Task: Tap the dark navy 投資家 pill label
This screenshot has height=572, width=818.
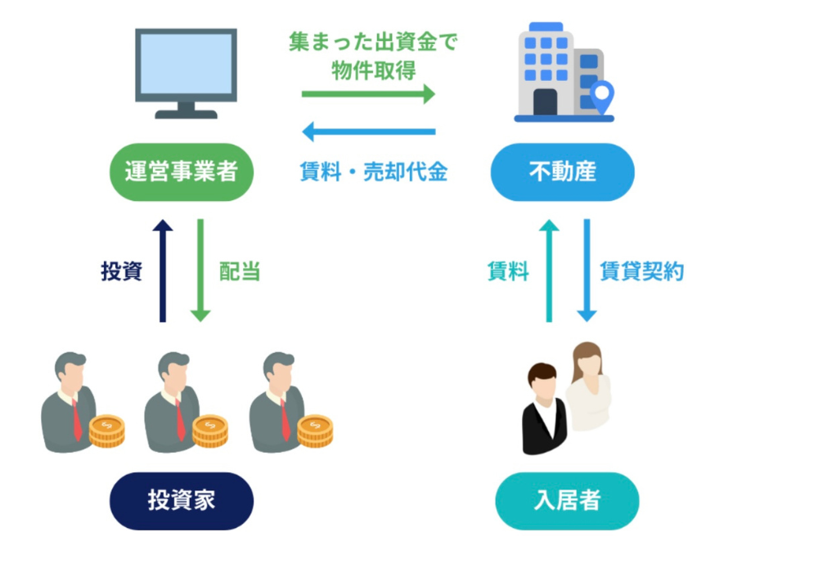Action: coord(182,500)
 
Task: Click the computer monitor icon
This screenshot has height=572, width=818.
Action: coord(187,73)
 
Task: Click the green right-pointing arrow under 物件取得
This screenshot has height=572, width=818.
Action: coord(368,95)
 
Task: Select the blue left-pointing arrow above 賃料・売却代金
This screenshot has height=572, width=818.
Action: coord(368,131)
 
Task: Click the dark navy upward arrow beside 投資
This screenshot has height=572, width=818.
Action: coord(163,270)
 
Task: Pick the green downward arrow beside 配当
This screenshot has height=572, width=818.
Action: coord(200,270)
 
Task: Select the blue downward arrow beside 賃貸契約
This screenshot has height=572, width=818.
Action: coord(587,270)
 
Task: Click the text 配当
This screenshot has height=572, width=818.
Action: coord(240,271)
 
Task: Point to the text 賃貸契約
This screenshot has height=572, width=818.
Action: coord(641,271)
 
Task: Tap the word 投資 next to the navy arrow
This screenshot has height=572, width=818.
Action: coord(121,271)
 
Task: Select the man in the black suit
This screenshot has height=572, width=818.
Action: coord(542,409)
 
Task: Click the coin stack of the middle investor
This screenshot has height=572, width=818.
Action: coord(210,431)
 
